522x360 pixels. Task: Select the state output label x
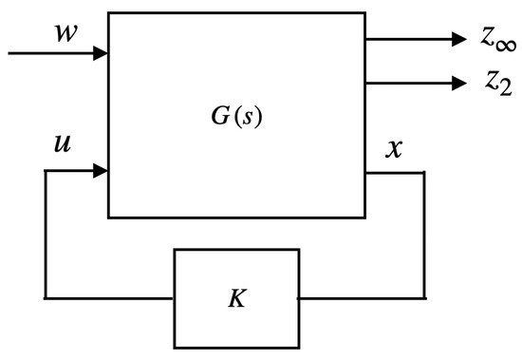tap(392, 149)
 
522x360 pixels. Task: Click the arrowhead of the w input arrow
tap(102, 53)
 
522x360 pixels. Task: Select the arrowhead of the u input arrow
tap(102, 172)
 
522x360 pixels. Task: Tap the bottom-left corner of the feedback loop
tap(46, 298)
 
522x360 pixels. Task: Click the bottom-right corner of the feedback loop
tap(423, 298)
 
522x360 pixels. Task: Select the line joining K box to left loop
tap(109, 298)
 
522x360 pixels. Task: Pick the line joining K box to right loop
tap(361, 298)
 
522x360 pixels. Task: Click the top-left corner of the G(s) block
tap(109, 13)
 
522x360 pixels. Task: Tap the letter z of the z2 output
tap(487, 82)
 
